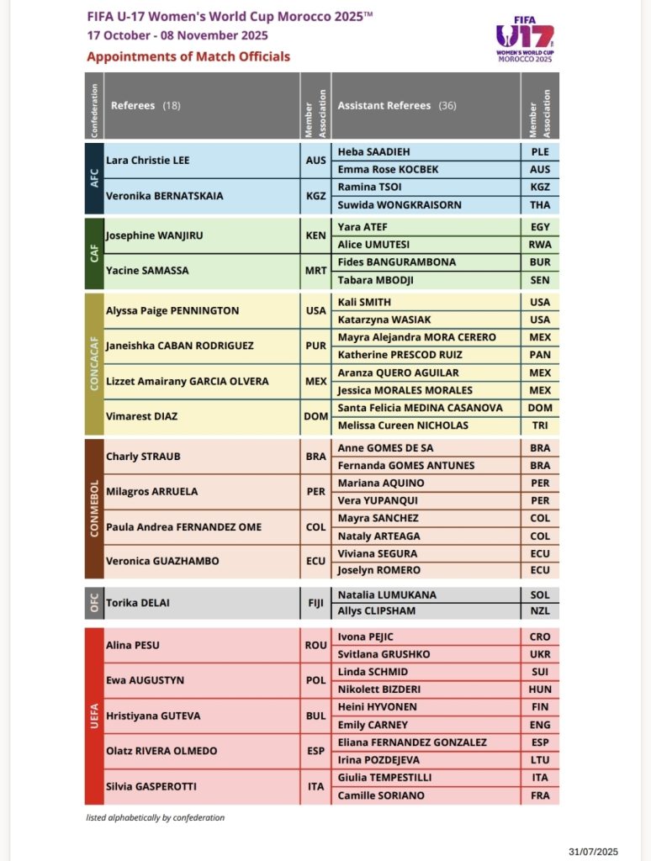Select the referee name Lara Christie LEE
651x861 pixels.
[x=148, y=160]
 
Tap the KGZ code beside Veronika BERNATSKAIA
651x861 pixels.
[x=315, y=195]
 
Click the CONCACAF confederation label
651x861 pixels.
[x=94, y=363]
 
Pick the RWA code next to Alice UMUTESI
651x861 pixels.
[x=540, y=245]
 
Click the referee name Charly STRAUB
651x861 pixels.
[x=143, y=457]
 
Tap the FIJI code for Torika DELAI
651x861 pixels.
[x=315, y=602]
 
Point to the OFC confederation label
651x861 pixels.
[x=94, y=602]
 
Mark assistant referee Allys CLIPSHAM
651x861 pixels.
[x=378, y=611]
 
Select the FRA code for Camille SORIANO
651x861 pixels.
[x=540, y=795]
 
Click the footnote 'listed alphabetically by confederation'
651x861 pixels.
[x=155, y=817]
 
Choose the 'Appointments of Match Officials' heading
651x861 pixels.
[x=188, y=56]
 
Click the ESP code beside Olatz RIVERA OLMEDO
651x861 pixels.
[x=315, y=752]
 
